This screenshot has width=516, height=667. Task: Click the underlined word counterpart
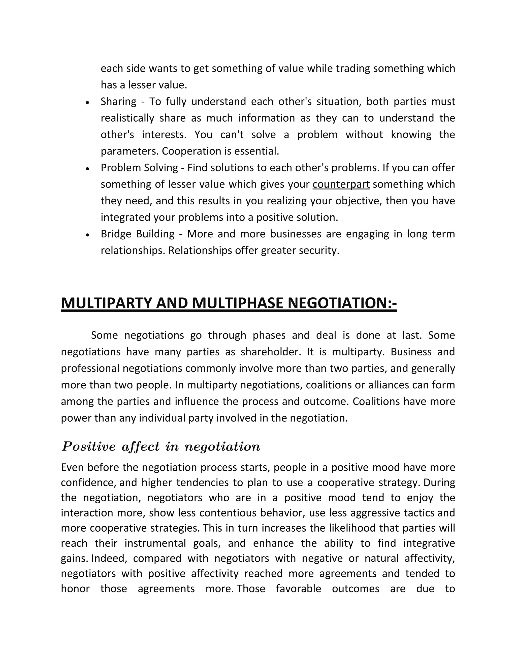click(x=341, y=184)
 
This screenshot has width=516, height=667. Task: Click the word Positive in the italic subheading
click(x=89, y=447)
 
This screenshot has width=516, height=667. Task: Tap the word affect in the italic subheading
click(x=141, y=447)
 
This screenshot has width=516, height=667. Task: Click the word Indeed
click(x=109, y=558)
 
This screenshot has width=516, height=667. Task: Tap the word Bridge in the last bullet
click(x=115, y=234)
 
